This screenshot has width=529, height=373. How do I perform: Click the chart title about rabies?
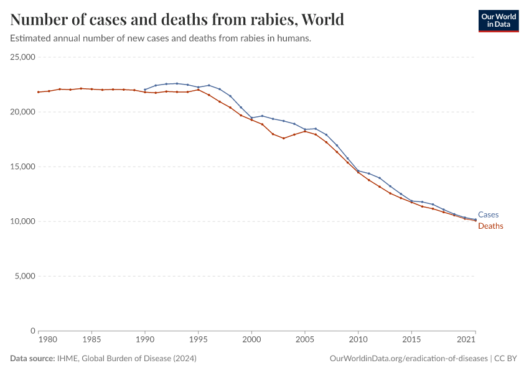point(177,19)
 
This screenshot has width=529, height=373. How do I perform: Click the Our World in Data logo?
point(498,21)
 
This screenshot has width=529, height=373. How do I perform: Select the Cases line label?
point(488,215)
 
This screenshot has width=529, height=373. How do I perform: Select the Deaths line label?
point(490,226)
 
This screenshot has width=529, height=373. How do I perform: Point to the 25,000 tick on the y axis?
point(23,57)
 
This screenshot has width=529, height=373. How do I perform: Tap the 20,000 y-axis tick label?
point(23,112)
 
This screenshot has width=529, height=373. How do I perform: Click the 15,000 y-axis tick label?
point(23,167)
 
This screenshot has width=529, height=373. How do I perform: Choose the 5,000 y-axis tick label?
point(25,276)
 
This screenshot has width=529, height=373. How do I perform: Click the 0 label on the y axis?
point(31,331)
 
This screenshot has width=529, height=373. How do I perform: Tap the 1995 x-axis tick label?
point(199,341)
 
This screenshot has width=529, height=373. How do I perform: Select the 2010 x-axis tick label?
point(358,341)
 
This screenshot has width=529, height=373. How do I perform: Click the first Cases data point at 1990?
point(145,90)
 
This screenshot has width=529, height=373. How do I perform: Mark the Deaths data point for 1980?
point(39,92)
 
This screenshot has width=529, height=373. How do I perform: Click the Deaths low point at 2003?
point(283,138)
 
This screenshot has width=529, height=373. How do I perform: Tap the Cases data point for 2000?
point(251,118)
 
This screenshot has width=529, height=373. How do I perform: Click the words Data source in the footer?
point(32,359)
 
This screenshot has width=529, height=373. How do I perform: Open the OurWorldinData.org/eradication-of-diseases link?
point(408,359)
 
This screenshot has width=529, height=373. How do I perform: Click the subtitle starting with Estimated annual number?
point(161,39)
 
